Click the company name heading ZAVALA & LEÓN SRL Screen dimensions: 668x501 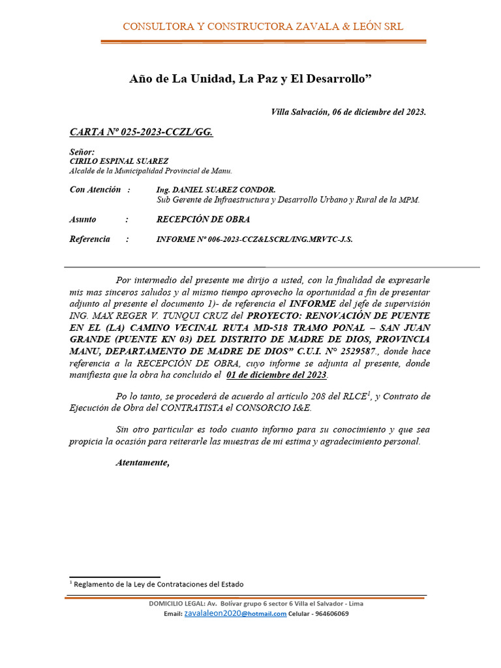click(263, 27)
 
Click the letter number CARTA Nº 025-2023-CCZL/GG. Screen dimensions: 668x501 click(141, 132)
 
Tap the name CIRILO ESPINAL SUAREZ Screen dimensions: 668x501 click(119, 161)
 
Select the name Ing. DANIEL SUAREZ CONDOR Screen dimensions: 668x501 click(211, 190)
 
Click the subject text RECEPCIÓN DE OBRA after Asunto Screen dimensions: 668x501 click(203, 220)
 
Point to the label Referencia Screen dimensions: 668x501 click(89, 239)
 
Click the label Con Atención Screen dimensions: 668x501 click(95, 190)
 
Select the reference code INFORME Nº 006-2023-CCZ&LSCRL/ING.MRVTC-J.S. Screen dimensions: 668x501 click(254, 240)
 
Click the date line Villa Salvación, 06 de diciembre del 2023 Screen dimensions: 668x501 click(348, 112)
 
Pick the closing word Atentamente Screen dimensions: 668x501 click(142, 463)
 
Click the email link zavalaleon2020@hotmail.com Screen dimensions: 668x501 click(235, 614)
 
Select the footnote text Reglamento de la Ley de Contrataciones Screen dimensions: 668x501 click(159, 584)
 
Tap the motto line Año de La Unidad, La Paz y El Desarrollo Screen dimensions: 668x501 click(250, 79)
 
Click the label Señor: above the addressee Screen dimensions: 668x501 click(82, 152)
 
